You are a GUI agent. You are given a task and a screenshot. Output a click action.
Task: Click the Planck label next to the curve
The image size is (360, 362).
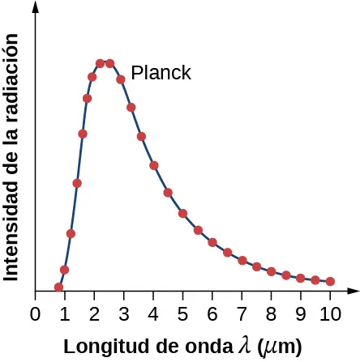(x=161, y=73)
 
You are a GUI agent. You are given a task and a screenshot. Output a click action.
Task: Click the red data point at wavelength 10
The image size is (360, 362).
(x=330, y=281)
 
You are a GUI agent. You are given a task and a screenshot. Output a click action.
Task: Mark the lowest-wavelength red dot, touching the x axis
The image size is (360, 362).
(x=58, y=287)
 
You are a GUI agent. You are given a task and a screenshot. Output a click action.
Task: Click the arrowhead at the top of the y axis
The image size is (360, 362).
(x=36, y=7)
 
